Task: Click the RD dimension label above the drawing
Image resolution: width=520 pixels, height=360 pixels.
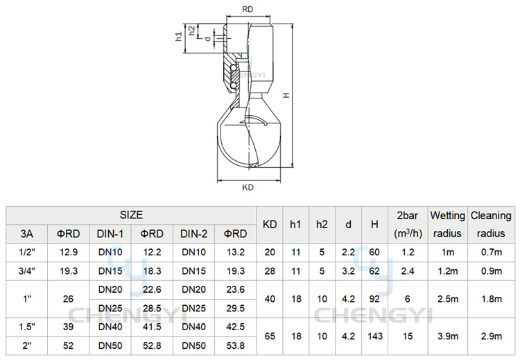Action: (x=248, y=9)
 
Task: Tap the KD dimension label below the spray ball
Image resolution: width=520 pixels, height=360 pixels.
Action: (x=248, y=187)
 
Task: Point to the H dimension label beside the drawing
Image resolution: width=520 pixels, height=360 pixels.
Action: (x=286, y=95)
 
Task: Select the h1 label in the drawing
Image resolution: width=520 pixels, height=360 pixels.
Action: (x=179, y=36)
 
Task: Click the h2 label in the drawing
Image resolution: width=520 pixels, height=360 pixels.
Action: (x=191, y=31)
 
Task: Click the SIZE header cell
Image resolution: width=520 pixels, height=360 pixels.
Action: (x=131, y=215)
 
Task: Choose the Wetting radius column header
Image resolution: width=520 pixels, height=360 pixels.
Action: (x=447, y=225)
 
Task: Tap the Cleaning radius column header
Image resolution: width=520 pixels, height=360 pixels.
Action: (x=491, y=225)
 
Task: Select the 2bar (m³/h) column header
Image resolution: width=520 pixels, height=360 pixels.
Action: (x=408, y=225)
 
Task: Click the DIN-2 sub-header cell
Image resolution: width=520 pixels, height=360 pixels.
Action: (x=193, y=234)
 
